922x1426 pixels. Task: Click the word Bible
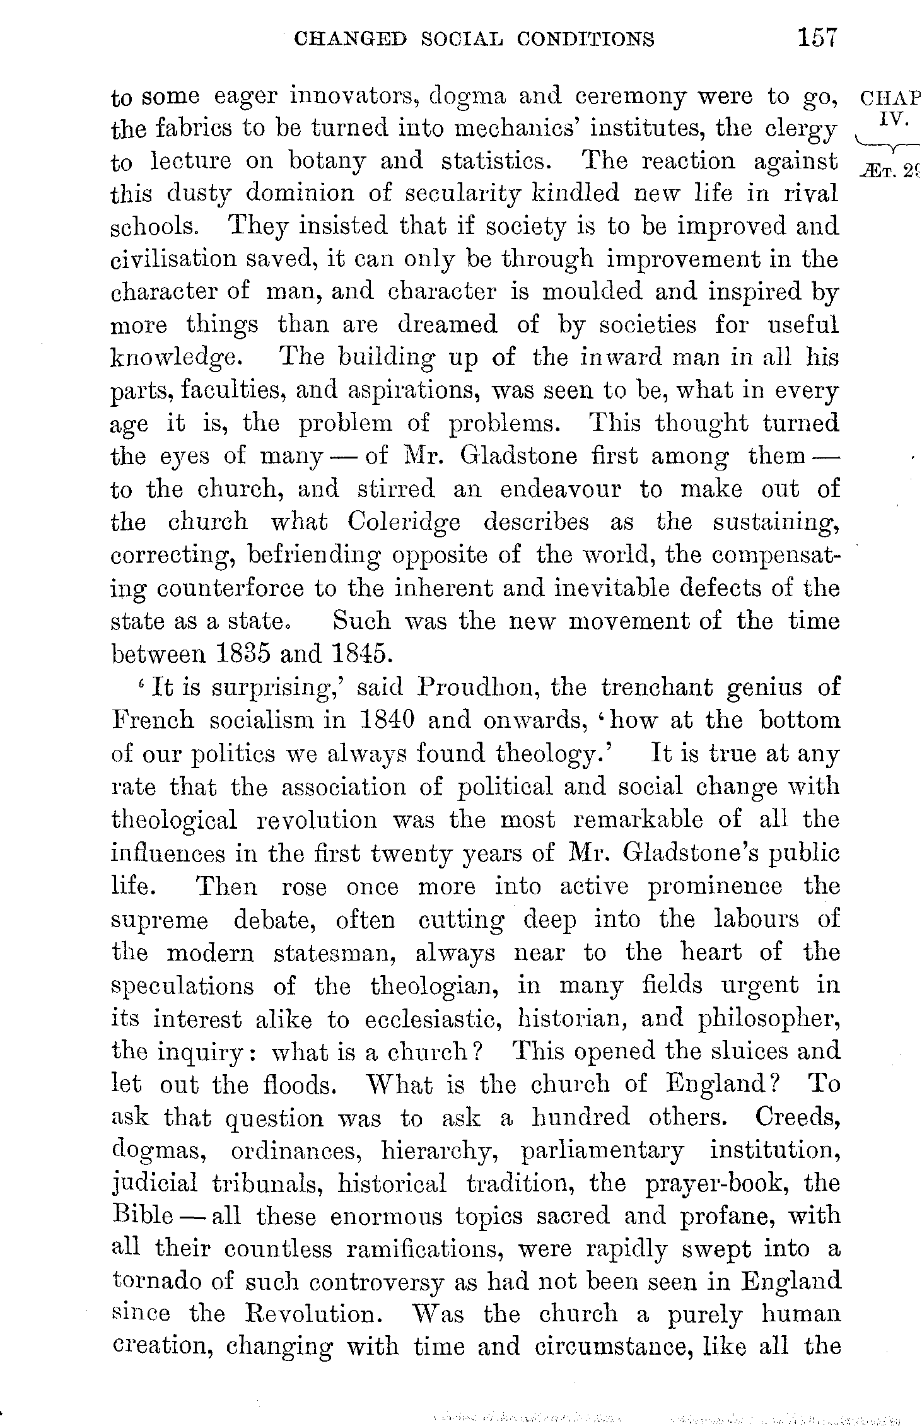(x=141, y=1217)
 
